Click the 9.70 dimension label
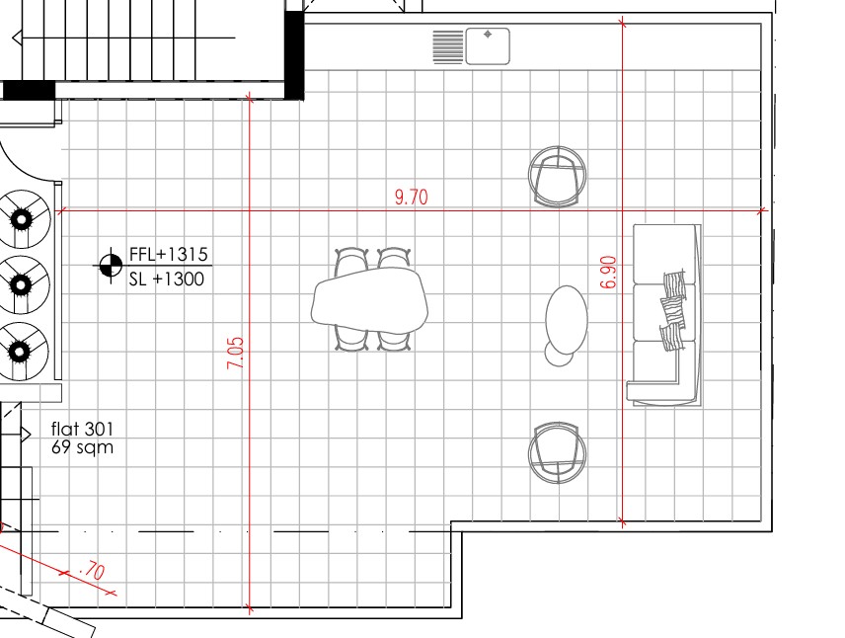411,197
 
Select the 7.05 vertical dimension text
235,354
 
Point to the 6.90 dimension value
608,272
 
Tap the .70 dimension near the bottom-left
92,570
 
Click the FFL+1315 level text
169,256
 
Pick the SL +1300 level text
167,279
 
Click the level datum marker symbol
109,266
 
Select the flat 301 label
82,430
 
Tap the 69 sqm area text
82,447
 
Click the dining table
370,300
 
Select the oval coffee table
567,318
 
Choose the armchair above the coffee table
558,177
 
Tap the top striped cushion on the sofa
675,284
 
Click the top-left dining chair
351,260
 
